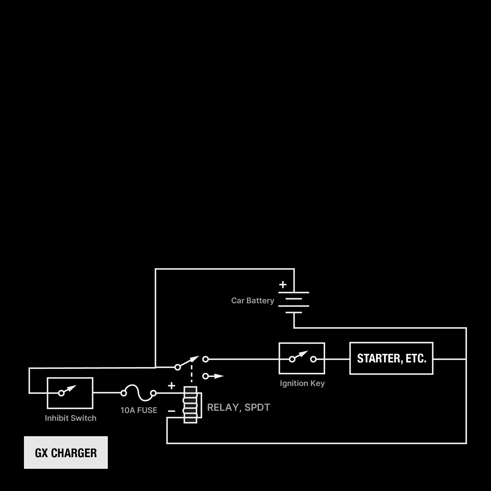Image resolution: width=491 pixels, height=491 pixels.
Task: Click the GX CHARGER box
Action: click(66, 453)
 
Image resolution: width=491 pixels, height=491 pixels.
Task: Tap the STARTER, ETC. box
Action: click(391, 358)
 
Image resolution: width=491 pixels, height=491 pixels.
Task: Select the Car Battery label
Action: click(253, 301)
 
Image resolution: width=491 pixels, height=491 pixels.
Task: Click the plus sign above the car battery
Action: click(283, 284)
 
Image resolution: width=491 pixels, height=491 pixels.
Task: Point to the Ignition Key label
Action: click(302, 383)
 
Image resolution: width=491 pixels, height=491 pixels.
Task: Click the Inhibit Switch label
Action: click(71, 418)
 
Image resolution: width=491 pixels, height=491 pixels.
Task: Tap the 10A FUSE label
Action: click(139, 410)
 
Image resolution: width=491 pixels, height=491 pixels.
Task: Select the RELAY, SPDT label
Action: click(239, 407)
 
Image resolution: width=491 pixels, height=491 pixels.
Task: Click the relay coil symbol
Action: click(190, 405)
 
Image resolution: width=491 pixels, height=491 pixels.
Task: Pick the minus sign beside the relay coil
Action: click(172, 411)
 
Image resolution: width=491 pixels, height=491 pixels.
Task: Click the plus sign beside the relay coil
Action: click(172, 385)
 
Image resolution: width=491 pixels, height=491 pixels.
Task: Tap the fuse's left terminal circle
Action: click(124, 393)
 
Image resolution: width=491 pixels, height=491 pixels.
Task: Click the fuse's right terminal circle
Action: click(153, 393)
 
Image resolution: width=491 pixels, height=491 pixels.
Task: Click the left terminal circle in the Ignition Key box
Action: click(292, 359)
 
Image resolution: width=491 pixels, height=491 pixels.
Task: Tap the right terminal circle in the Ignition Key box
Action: click(313, 359)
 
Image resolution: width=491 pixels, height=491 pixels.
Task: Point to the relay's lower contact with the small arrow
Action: click(206, 376)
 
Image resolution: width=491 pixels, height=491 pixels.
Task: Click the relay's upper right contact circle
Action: click(206, 359)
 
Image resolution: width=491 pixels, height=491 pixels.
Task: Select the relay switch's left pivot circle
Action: click(178, 367)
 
